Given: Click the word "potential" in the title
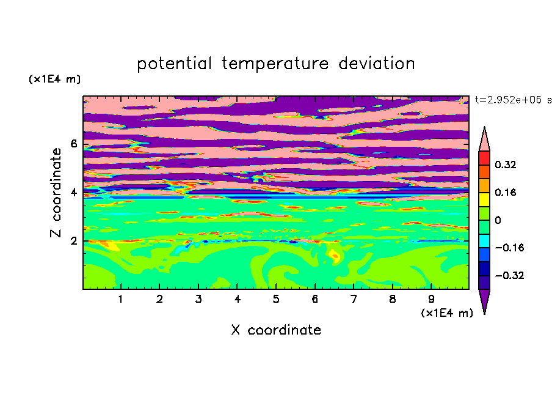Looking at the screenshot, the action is coord(174,64).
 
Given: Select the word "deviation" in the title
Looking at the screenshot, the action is coord(377,63).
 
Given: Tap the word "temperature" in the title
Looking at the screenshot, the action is coord(275,64).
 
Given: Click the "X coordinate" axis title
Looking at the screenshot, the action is coord(276,330).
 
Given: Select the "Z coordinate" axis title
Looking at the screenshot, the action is coord(56,193).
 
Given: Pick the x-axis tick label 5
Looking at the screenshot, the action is coord(276,299).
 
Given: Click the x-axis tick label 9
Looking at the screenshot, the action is coord(431,299).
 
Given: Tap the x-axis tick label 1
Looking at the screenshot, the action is coord(121,299).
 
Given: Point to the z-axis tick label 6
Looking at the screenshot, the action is coord(73,144).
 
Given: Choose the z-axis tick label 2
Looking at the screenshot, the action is coord(73,241).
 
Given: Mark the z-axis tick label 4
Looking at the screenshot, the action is coord(73,193).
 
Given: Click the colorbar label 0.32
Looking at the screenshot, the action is coord(506,165).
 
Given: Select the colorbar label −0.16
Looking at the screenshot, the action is coord(509,248).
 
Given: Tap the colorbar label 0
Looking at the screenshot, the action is coord(498,220).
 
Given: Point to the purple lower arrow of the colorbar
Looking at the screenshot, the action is coord(484,300).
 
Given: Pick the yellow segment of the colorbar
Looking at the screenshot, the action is coord(484,199).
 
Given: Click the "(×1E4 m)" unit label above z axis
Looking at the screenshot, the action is coord(54,79).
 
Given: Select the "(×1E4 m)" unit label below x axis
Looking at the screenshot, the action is coord(447,313).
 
